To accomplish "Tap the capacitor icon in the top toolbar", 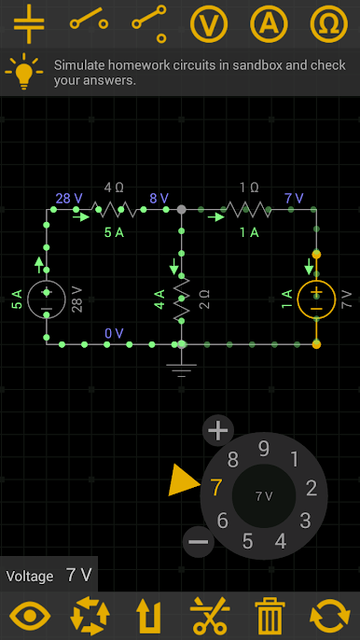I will [29, 23].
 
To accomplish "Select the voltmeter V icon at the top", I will [209, 23].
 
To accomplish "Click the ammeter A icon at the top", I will [268, 23].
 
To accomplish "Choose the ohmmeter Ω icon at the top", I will [327, 23].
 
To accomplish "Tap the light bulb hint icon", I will [23, 73].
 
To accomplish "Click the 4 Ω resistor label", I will [114, 187].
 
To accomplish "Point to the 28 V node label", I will [69, 199].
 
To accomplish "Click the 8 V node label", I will [159, 199].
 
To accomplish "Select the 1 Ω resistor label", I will [249, 187].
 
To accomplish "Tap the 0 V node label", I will [114, 333].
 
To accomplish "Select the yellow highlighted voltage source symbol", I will [316, 299].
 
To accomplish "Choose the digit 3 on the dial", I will [305, 520].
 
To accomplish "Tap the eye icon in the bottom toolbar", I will [30, 616].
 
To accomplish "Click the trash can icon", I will [270, 616].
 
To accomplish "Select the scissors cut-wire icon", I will [210, 616].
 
